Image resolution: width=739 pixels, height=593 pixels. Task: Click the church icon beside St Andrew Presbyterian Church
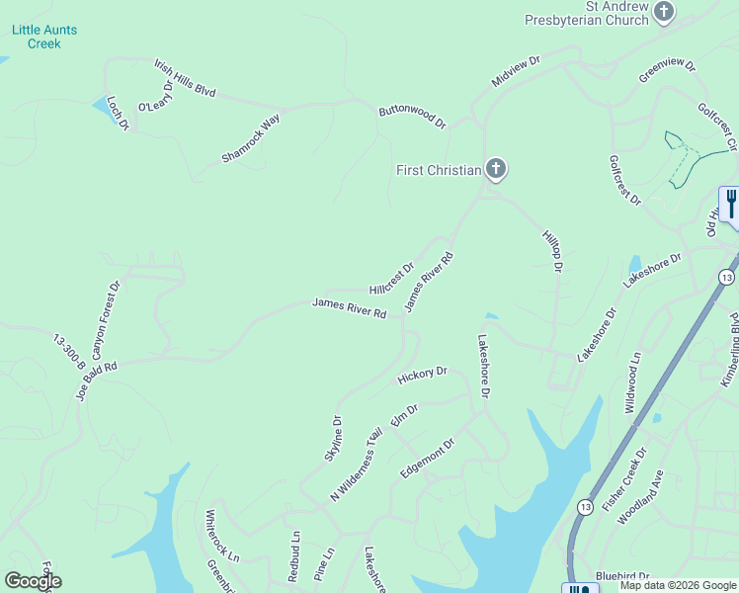pyautogui.click(x=664, y=12)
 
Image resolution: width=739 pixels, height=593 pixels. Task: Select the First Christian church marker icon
pyautogui.click(x=496, y=170)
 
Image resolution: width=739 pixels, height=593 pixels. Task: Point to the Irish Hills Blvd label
pyautogui.click(x=185, y=78)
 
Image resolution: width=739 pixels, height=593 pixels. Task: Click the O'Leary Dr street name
pyautogui.click(x=155, y=97)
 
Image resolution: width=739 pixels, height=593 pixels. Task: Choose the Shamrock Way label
pyautogui.click(x=251, y=139)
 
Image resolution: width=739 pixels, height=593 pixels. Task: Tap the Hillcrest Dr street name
pyautogui.click(x=391, y=279)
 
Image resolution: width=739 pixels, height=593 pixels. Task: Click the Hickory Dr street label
pyautogui.click(x=422, y=376)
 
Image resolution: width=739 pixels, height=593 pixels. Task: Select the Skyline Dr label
pyautogui.click(x=334, y=439)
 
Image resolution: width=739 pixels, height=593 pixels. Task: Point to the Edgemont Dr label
pyautogui.click(x=427, y=460)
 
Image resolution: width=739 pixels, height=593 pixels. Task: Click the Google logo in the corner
pyautogui.click(x=33, y=581)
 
